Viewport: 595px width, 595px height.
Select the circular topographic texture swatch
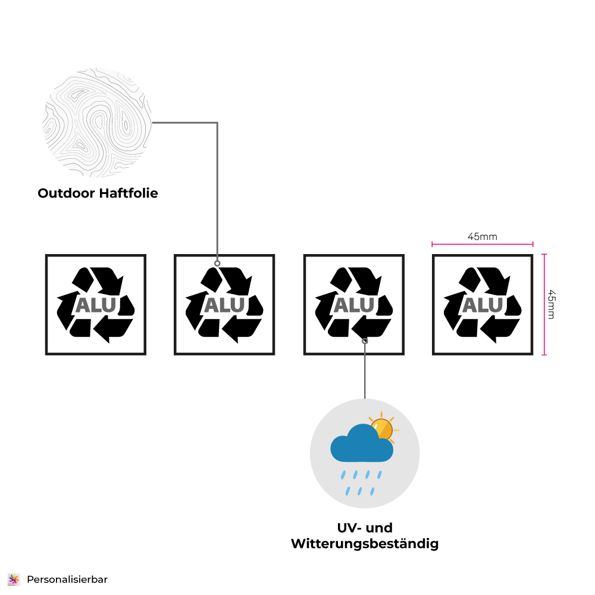click(x=98, y=123)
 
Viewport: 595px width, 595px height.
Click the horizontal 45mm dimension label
click(x=482, y=237)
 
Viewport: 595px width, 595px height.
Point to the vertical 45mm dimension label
click(x=551, y=304)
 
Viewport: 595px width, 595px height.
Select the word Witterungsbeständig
click(x=364, y=544)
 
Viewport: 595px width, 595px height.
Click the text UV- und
click(x=365, y=528)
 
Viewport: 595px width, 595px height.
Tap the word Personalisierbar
click(x=67, y=579)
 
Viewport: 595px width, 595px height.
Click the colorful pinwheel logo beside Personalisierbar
click(x=14, y=579)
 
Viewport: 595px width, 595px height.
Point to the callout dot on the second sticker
click(x=217, y=263)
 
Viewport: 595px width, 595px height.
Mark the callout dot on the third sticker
click(x=365, y=341)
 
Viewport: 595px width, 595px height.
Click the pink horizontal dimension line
click(x=482, y=244)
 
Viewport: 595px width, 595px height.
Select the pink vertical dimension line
click(x=544, y=304)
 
